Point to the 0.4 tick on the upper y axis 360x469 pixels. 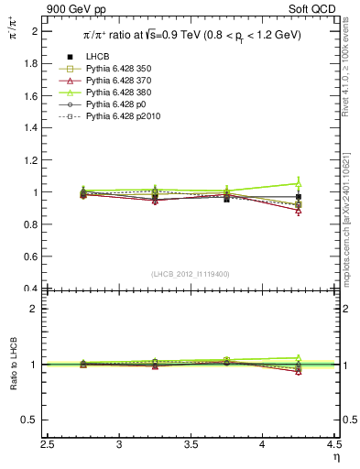(x=34, y=289)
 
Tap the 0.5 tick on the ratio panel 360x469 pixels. (x=34, y=420)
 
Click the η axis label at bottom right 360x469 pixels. (x=335, y=457)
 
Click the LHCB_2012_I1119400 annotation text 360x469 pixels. (x=191, y=274)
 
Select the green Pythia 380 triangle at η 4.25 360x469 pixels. (x=298, y=182)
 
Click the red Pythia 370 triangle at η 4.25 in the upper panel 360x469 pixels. (x=298, y=211)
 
